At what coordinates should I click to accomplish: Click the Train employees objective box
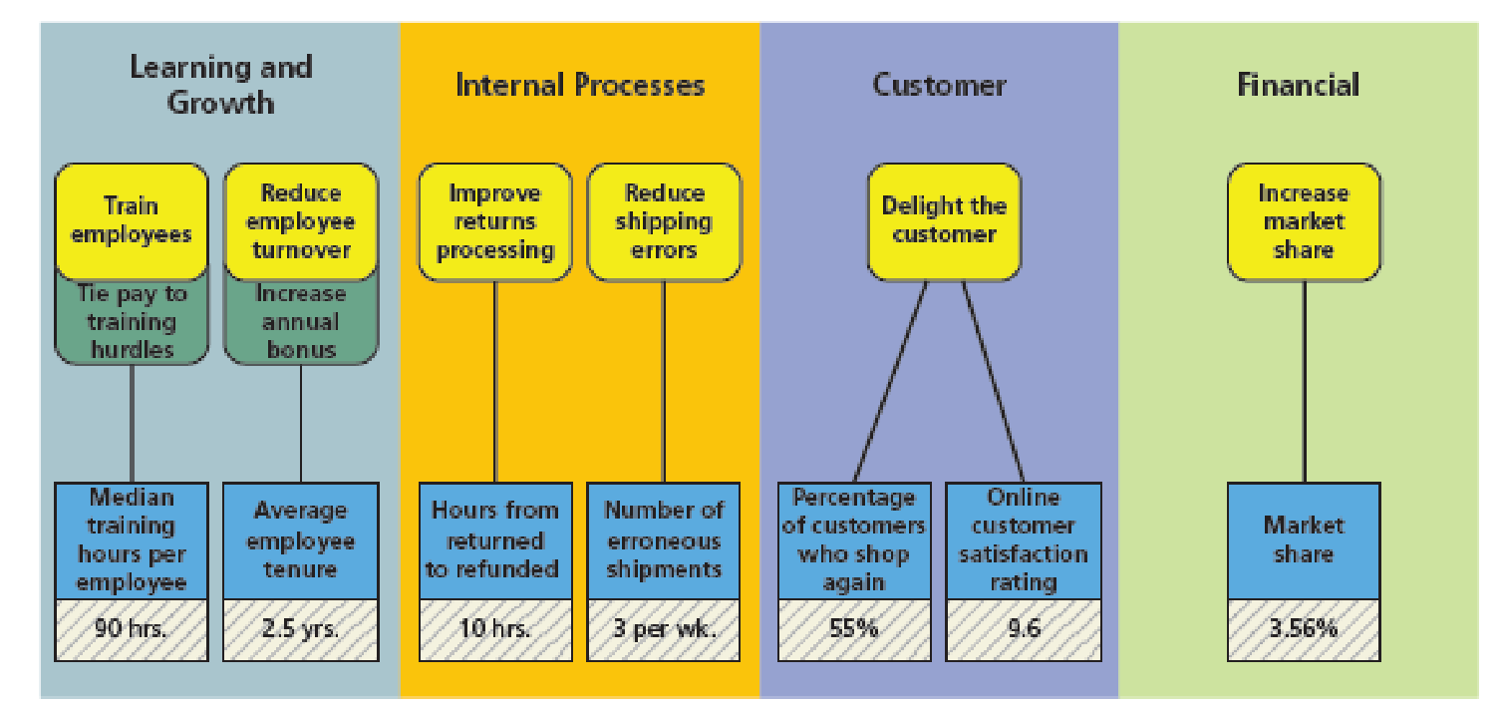132,221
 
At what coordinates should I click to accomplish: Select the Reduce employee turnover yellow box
301,221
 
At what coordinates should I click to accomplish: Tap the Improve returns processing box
495,221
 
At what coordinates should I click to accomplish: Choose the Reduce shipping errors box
664,221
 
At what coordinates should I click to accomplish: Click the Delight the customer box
944,221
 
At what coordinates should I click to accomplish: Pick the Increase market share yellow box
1304,221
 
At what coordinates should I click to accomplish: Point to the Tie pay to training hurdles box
132,322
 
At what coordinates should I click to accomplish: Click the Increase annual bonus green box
301,322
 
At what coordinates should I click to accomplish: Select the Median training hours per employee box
132,540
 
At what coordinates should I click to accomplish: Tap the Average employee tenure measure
301,540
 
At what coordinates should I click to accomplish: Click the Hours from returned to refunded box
495,540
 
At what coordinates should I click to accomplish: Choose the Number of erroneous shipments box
664,540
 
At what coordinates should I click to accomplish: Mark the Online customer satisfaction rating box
1024,540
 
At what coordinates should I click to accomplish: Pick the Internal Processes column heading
580,86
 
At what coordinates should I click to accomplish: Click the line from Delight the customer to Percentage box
890,381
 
